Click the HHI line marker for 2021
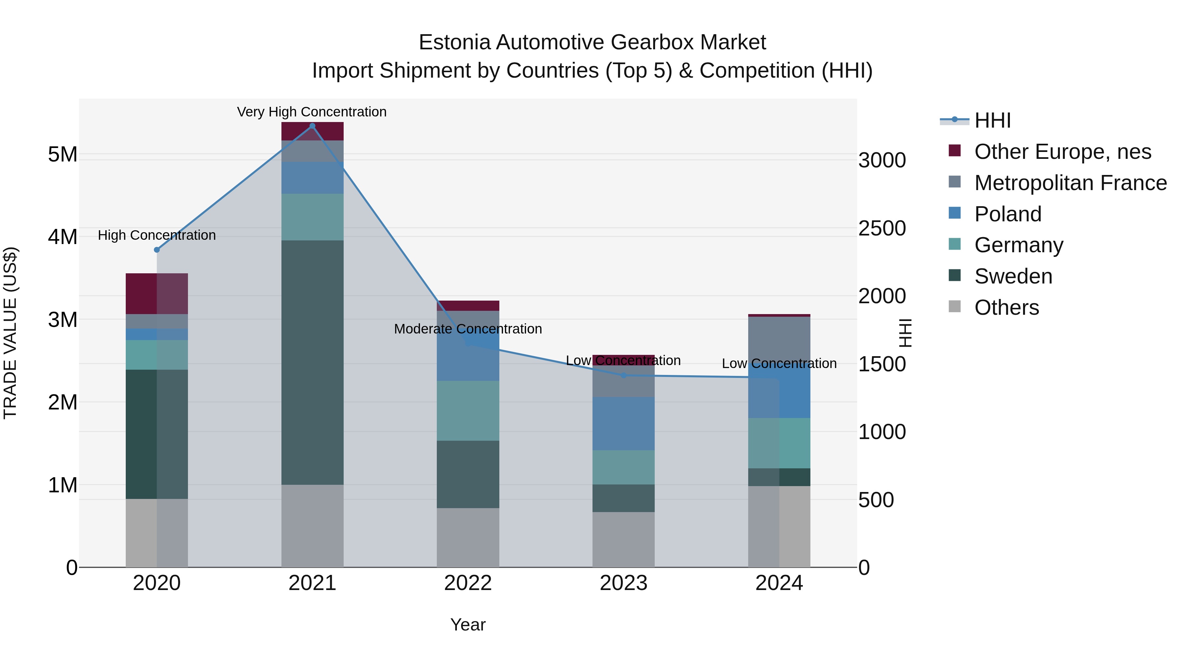click(312, 126)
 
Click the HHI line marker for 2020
click(157, 250)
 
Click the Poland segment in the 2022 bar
click(468, 354)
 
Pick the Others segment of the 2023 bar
click(623, 540)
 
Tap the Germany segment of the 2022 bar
click(468, 410)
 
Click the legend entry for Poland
click(1008, 214)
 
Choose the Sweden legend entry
click(1013, 276)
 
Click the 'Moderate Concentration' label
click(468, 329)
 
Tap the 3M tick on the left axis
click(63, 319)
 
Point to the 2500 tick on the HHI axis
click(882, 229)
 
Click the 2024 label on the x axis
click(779, 583)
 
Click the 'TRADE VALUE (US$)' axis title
click(10, 333)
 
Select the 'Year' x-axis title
click(468, 625)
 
